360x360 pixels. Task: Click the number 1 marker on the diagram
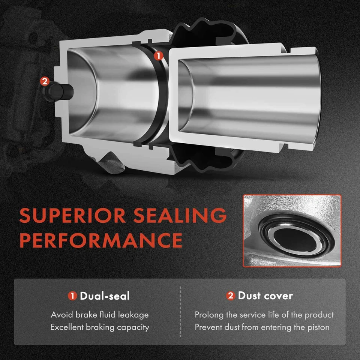tap(159, 55)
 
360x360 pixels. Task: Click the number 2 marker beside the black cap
tap(44, 81)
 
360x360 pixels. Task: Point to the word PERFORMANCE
tap(101, 240)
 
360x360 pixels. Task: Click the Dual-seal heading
tap(105, 296)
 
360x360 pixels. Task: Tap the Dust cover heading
tap(265, 296)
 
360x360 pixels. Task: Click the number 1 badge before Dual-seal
tap(72, 296)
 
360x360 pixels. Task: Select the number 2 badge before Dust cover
tap(231, 296)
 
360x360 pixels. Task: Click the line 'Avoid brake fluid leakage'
tap(100, 315)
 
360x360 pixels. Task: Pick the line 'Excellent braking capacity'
tap(100, 327)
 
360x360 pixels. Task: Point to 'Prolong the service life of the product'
tap(264, 315)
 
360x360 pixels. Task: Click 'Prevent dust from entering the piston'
tap(262, 327)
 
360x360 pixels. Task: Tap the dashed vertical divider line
tap(180, 311)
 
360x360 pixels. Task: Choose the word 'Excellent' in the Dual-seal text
tap(67, 327)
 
